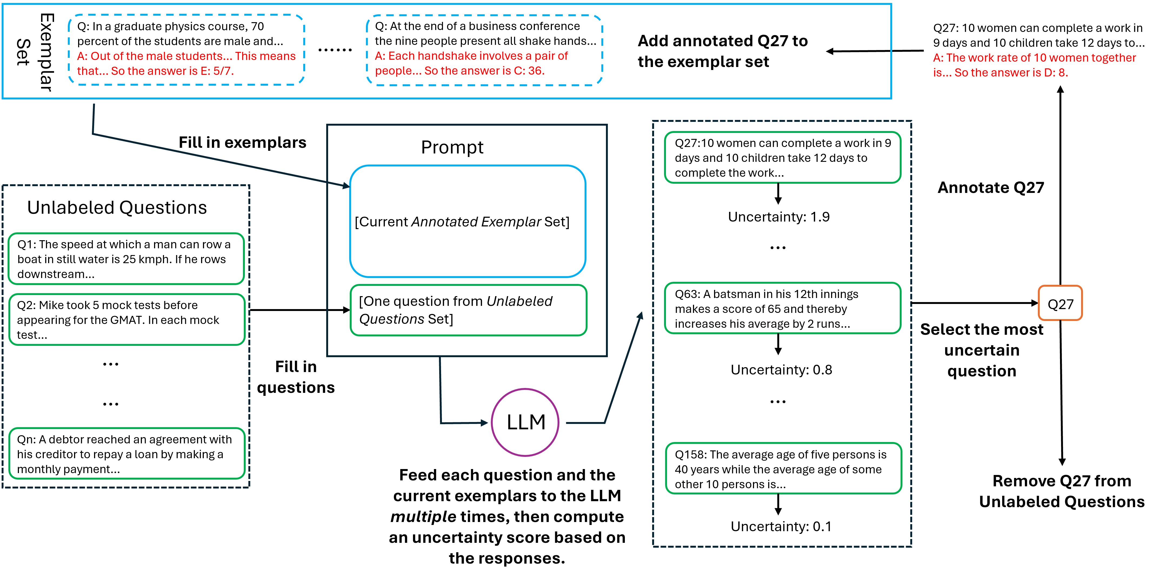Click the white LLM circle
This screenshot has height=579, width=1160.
pos(525,422)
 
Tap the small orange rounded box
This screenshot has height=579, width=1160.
pos(1060,303)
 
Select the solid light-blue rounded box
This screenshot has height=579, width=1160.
pos(467,221)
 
